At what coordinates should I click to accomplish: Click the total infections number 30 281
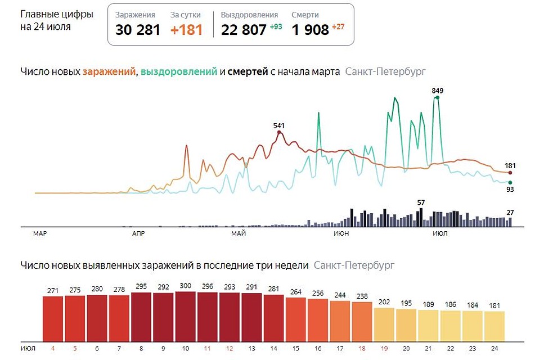point(137,30)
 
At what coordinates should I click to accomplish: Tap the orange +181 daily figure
point(186,30)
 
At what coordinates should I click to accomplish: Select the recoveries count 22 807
point(244,30)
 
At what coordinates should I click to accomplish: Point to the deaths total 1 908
point(310,30)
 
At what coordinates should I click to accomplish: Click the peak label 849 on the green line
point(438,90)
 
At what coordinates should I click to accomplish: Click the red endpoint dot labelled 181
point(510,173)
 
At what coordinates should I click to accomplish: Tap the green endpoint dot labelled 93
point(510,182)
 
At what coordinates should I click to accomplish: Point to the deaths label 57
point(421,202)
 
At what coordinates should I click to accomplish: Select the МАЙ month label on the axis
point(239,233)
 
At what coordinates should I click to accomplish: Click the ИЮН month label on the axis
point(340,233)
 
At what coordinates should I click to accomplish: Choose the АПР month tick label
point(138,233)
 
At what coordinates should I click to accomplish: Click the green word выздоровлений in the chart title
point(179,72)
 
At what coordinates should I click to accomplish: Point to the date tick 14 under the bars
point(274,348)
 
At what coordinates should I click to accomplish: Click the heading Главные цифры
point(57,15)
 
